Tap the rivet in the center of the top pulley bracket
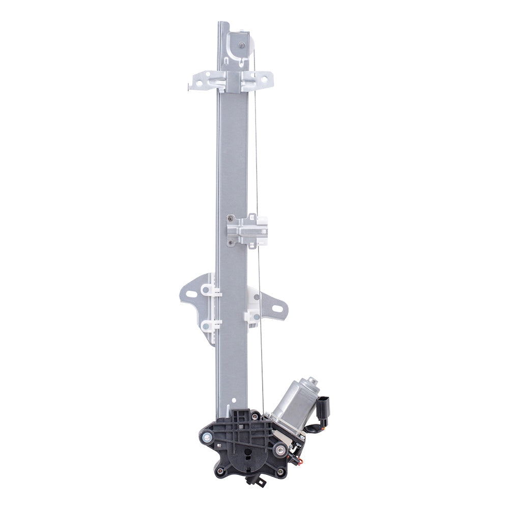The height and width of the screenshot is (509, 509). pyautogui.click(x=241, y=45)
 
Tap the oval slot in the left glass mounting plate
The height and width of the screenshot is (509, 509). pyautogui.click(x=191, y=294)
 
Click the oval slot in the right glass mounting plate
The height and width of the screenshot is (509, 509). pyautogui.click(x=277, y=308)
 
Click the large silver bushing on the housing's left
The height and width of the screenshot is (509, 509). pyautogui.click(x=207, y=437)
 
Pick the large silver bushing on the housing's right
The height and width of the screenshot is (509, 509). pyautogui.click(x=279, y=449)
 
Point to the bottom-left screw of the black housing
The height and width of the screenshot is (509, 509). pyautogui.click(x=221, y=471)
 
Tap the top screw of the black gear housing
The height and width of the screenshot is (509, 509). pyautogui.click(x=254, y=417)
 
